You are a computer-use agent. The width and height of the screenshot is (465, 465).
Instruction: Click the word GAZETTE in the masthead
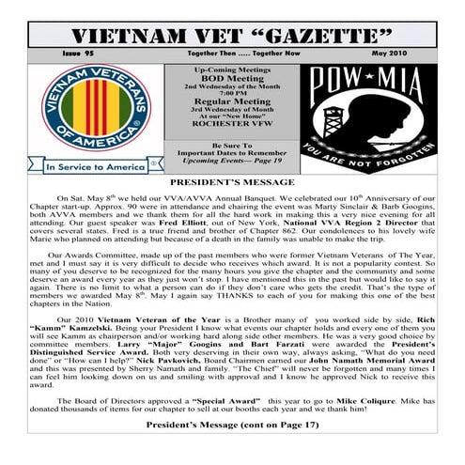318,37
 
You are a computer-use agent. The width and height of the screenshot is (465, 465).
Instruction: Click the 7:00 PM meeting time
234,93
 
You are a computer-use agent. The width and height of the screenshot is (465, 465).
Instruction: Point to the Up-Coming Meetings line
233,70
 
